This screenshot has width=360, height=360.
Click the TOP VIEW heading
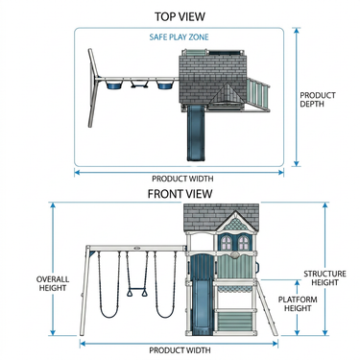180,16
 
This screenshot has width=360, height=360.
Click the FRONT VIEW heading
180,194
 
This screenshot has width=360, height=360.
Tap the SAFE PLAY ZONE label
179,37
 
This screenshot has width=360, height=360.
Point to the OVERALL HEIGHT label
53,283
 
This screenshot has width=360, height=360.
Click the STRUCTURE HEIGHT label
324,278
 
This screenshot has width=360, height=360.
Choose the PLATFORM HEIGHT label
298,304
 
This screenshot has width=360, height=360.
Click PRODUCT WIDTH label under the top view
182,179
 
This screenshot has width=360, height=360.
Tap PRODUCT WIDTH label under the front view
180,350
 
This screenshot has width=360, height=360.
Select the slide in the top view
194,132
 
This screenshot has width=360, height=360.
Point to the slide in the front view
200,305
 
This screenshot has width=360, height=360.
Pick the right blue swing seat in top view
164,84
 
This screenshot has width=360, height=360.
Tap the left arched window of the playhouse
227,243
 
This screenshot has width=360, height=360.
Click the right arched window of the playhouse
243,243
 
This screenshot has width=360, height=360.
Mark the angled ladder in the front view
267,308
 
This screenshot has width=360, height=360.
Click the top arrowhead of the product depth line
297,31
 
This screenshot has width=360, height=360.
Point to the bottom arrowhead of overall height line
53,332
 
